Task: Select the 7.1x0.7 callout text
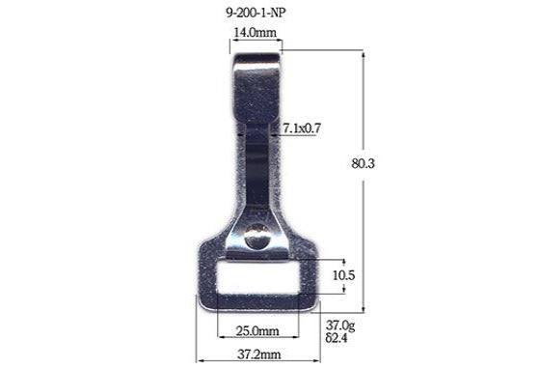pos(302,128)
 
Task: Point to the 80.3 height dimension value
pos(363,164)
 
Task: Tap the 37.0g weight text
pos(341,326)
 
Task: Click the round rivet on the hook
pos(257,234)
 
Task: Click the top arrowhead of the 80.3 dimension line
pos(363,54)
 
